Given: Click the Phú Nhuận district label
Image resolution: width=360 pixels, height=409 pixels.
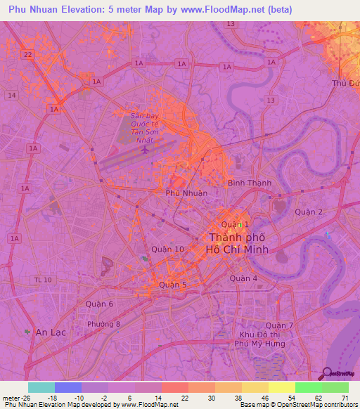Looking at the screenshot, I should tap(186, 192).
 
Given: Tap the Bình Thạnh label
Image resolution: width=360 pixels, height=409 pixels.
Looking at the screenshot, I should tap(250, 183).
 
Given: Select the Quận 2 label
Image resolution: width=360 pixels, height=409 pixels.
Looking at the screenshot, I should tap(309, 212).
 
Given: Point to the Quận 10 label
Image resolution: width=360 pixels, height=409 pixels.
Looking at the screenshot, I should tap(168, 249).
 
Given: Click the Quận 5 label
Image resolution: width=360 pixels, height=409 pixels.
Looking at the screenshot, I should tap(173, 285).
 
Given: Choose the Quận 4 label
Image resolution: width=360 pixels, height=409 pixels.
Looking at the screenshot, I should tap(245, 278).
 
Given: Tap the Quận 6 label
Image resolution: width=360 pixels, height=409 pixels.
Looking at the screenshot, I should tap(99, 304).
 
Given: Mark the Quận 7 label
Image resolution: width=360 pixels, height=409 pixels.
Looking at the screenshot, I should tap(280, 325).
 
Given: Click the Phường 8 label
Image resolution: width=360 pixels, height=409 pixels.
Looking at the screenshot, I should tap(104, 324).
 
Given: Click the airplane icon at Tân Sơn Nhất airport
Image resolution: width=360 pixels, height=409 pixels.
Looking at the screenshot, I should tap(145, 150).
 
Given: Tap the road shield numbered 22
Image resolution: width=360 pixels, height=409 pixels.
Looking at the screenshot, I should tap(27, 54).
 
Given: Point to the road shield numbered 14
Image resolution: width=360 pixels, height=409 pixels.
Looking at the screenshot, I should tap(11, 94).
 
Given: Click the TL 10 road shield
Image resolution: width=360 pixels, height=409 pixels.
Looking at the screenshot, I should tap(42, 280).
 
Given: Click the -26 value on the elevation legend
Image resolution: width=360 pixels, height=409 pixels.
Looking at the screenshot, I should tap(14, 397).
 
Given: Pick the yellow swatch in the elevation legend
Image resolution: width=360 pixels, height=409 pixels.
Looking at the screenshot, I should tap(281, 387).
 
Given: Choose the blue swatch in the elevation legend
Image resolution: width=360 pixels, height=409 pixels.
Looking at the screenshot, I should tap(67, 387).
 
